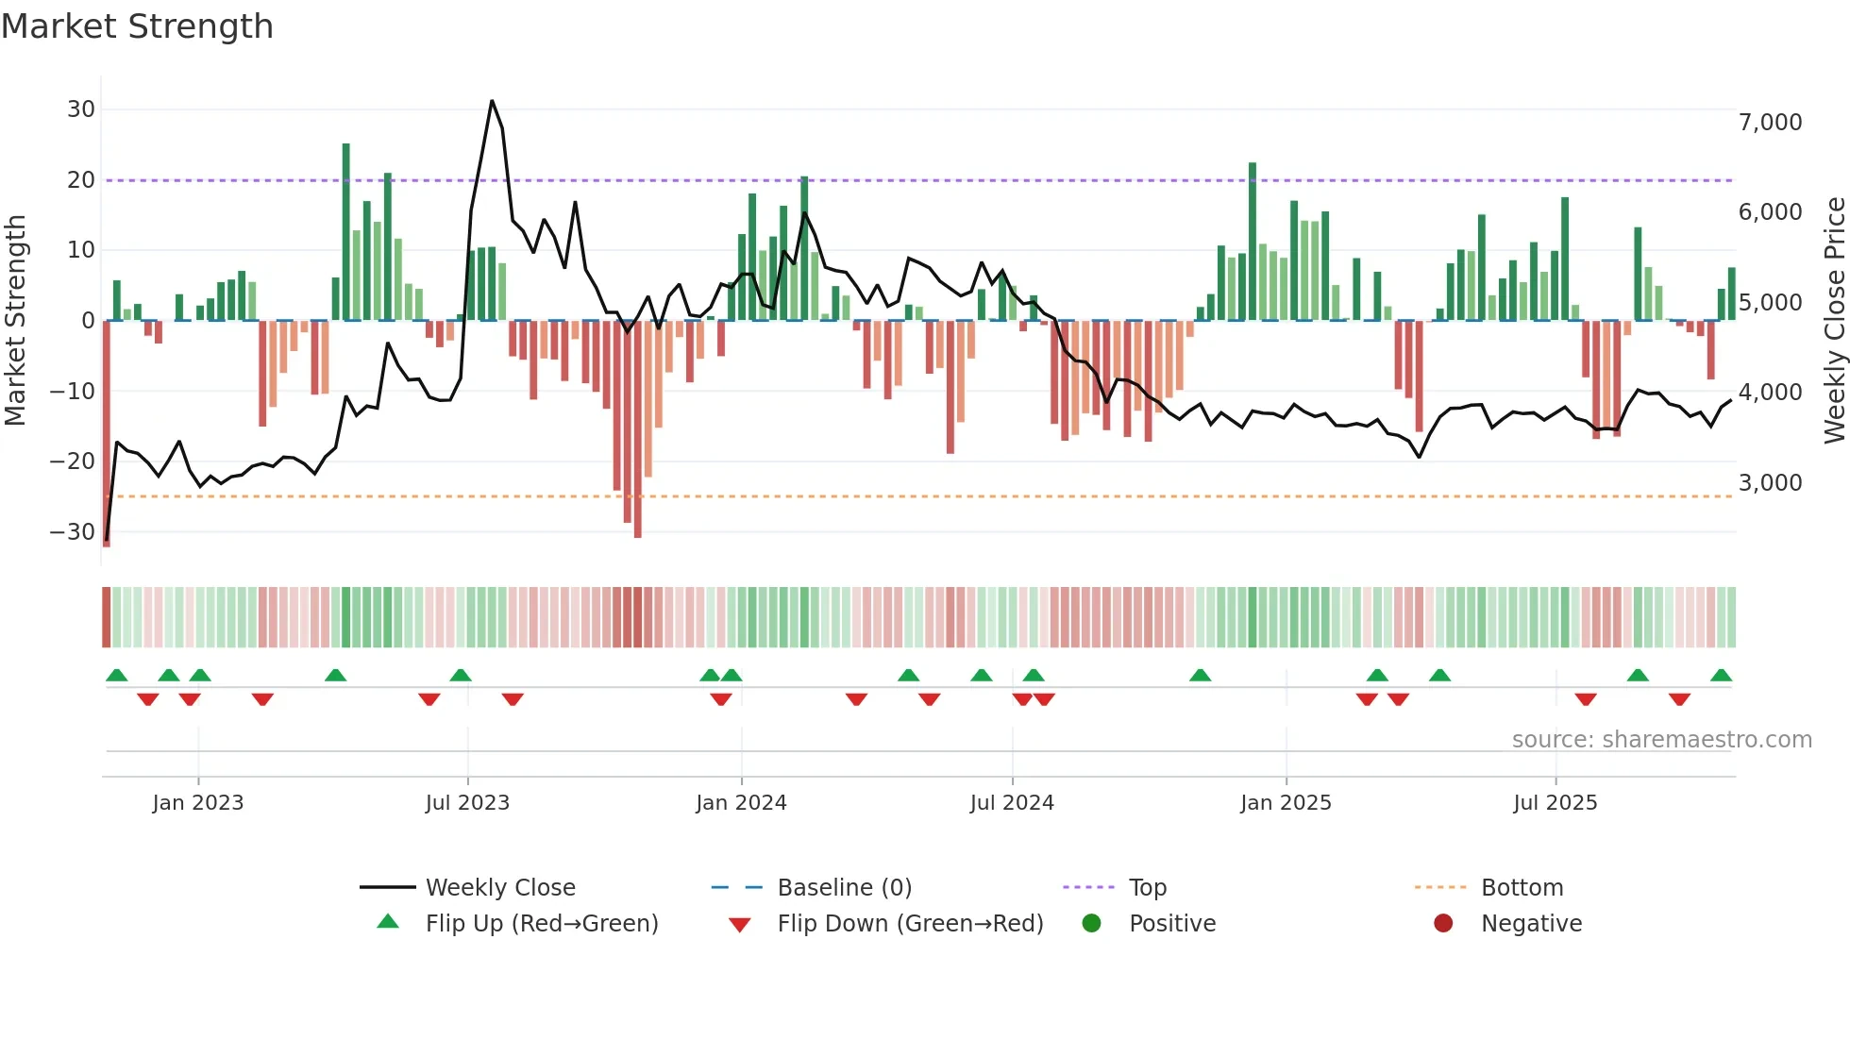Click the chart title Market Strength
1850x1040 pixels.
point(137,26)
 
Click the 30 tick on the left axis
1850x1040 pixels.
point(81,109)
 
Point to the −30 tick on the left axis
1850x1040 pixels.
point(74,531)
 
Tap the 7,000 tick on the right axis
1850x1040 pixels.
point(1770,123)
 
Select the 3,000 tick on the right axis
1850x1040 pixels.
point(1770,483)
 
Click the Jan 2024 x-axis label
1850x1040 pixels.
point(741,803)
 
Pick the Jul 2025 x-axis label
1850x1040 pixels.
point(1555,803)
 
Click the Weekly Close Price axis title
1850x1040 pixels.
point(1834,321)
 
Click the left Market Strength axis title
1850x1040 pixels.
point(16,321)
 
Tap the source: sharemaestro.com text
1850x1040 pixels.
point(1661,740)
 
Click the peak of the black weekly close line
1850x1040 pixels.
point(492,101)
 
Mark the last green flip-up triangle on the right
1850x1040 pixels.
point(1721,676)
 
